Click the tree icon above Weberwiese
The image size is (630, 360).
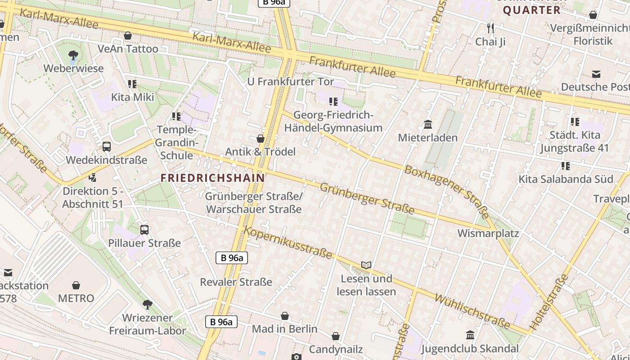[x=73, y=55]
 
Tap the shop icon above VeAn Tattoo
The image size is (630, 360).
[x=128, y=36]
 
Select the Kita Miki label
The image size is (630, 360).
[x=133, y=97]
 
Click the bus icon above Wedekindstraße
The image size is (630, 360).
[x=107, y=146]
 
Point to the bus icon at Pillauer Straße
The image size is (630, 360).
[x=144, y=229]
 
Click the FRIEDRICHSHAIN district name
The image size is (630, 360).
[x=213, y=178]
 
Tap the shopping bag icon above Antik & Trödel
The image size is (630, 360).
[x=260, y=139]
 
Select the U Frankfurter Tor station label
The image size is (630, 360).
[x=291, y=81]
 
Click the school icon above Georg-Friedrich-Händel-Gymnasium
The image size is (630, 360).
[x=333, y=102]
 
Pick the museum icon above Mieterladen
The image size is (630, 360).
[x=427, y=124]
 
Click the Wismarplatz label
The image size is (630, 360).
[x=488, y=234]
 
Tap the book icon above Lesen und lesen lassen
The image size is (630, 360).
[x=366, y=265]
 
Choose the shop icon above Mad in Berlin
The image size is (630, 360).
[x=284, y=316]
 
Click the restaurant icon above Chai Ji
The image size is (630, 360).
[x=490, y=28]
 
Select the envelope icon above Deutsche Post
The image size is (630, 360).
[x=596, y=74]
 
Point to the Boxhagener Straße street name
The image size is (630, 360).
[x=446, y=192]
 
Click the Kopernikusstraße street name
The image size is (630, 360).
[x=288, y=243]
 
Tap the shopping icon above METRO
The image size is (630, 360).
[x=76, y=285]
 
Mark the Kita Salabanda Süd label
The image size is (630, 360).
[x=566, y=179]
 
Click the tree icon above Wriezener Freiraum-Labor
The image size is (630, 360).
[x=147, y=305]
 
